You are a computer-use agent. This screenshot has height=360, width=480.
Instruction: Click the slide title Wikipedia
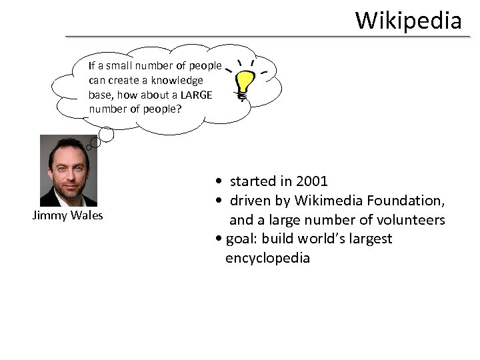point(408,20)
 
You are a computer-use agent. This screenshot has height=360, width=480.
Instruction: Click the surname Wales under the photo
point(86,215)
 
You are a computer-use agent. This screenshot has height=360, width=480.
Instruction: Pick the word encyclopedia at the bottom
point(268,257)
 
